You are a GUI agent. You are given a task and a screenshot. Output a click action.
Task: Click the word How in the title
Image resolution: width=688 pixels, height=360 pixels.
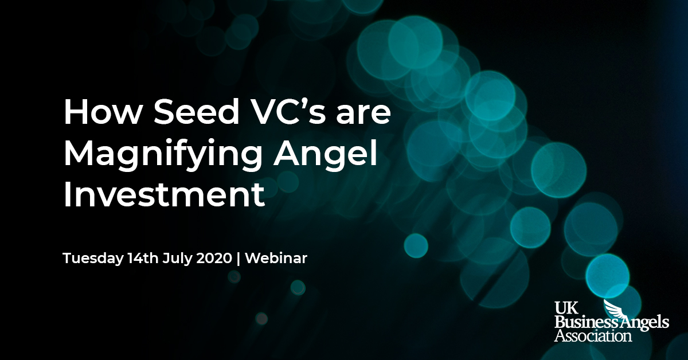click(x=101, y=112)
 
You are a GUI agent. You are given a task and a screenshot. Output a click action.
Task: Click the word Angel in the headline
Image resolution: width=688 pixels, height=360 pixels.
click(x=326, y=154)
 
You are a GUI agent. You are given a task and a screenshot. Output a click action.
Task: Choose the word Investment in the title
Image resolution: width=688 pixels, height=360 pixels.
click(x=165, y=194)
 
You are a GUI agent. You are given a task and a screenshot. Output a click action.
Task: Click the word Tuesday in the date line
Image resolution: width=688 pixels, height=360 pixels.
click(x=93, y=259)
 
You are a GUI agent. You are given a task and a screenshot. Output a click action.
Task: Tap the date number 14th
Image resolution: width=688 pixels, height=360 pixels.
click(x=143, y=258)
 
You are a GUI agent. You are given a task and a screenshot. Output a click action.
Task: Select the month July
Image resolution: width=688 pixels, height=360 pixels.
click(x=177, y=259)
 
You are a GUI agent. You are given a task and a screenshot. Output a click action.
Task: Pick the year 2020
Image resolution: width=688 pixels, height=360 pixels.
click(x=214, y=258)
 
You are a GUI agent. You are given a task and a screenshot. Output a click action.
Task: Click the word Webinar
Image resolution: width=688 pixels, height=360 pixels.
click(x=276, y=258)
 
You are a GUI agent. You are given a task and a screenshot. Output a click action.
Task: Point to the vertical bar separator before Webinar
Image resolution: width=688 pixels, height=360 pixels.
click(x=239, y=259)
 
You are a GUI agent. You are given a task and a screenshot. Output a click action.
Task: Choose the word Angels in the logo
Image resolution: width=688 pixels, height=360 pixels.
click(x=639, y=323)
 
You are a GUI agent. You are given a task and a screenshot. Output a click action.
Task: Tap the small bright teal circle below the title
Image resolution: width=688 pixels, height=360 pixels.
click(x=416, y=245)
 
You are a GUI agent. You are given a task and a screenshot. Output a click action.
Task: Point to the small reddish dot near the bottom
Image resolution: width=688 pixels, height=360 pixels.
click(x=261, y=319)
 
